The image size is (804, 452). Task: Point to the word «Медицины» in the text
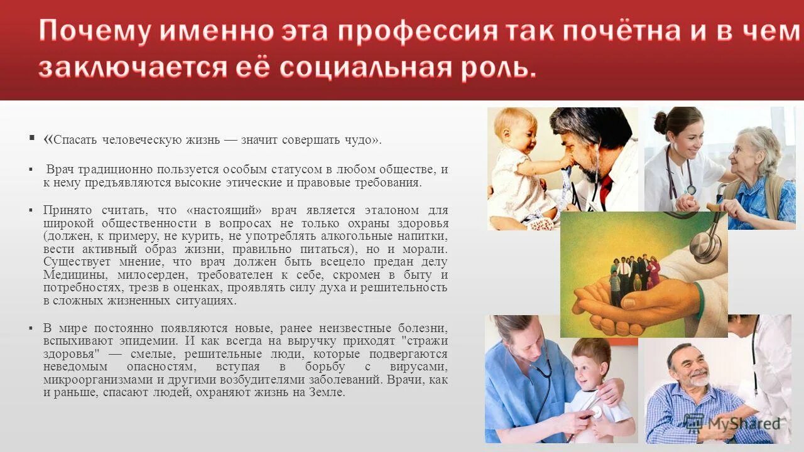click(72, 276)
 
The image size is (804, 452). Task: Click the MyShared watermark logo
click(732, 424)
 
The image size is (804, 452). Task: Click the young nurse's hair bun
click(660, 122)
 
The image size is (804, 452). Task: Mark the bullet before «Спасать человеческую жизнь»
click(31, 137)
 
